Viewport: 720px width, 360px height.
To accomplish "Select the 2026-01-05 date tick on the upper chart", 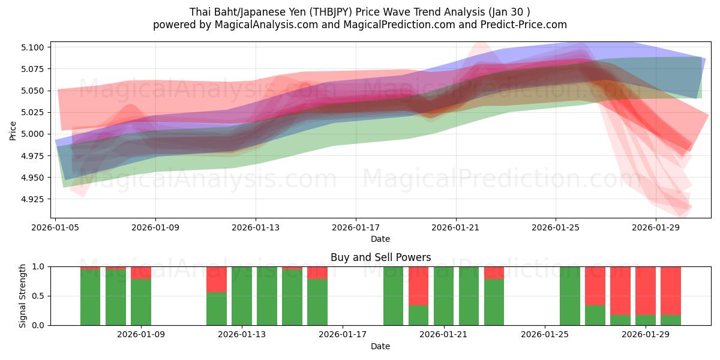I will (56, 227).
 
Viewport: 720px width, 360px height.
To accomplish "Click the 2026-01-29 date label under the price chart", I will (655, 227).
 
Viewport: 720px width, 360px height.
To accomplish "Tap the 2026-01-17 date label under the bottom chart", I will (343, 335).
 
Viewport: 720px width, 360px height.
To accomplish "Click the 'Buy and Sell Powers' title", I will (380, 257).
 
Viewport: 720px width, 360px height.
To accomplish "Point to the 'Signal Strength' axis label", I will (23, 296).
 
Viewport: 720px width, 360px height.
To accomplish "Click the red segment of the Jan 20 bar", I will (419, 286).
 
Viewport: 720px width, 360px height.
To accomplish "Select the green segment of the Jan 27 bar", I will (595, 315).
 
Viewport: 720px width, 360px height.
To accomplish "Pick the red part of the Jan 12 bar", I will (217, 279).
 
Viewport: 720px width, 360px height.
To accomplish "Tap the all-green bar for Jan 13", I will (242, 296).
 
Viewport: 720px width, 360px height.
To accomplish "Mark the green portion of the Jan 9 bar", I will (141, 302).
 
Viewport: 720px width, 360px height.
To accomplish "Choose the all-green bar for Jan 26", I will (570, 296).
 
